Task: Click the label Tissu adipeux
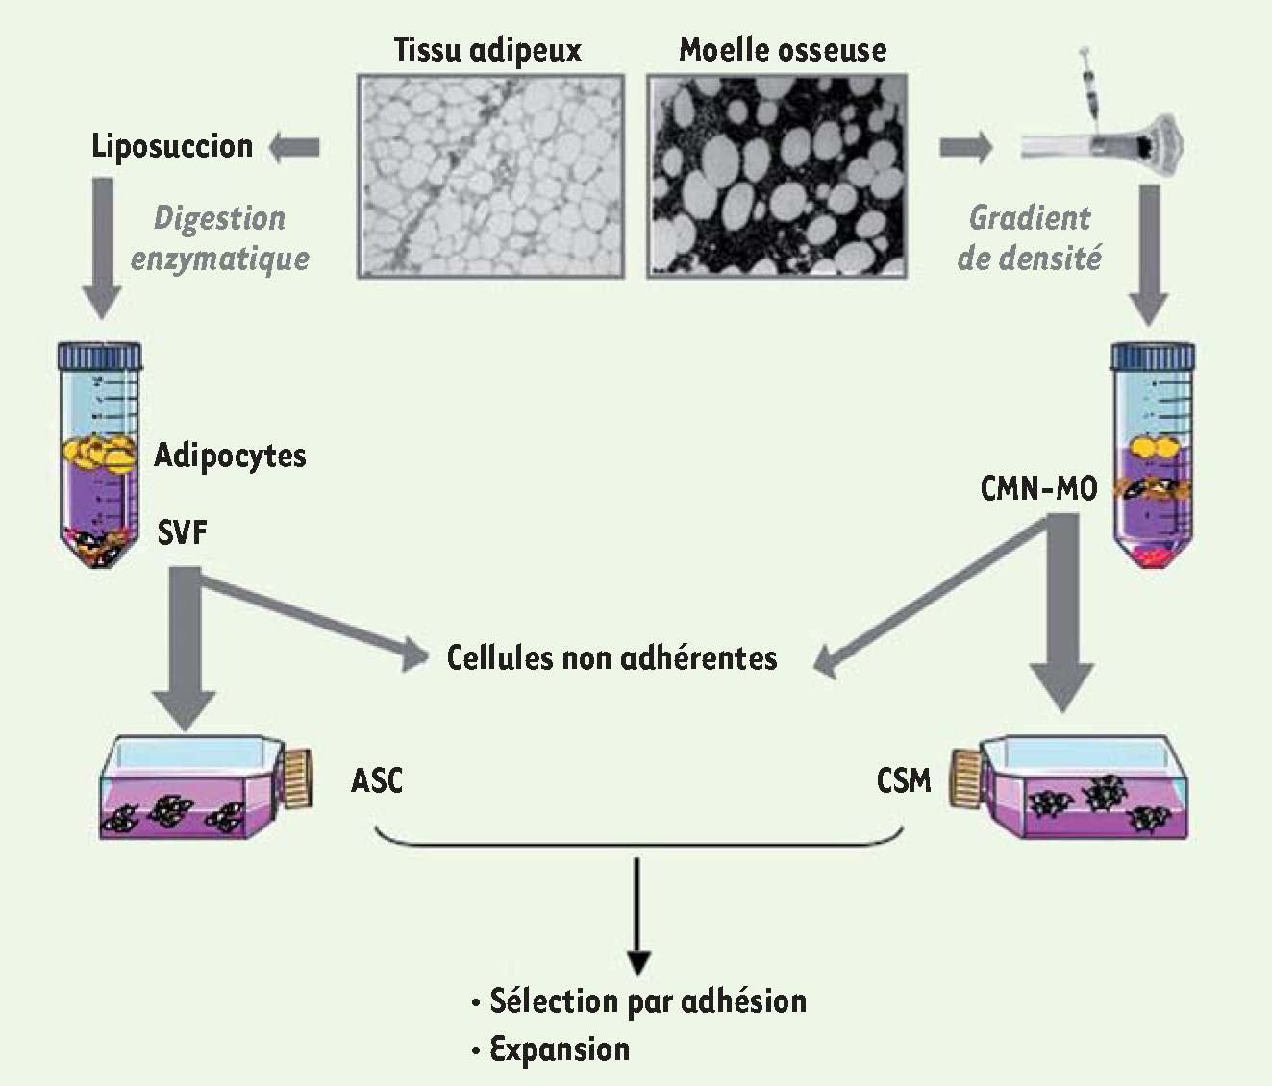[487, 50]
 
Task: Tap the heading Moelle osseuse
[783, 49]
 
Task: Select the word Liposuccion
[172, 147]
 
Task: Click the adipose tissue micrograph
[491, 177]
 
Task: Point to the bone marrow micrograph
[777, 177]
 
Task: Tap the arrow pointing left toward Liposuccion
[294, 148]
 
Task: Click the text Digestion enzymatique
[220, 238]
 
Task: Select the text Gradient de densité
[1030, 238]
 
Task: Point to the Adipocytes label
[230, 457]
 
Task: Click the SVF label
[182, 532]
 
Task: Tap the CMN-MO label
[1038, 489]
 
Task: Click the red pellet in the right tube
[1151, 557]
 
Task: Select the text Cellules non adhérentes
[611, 657]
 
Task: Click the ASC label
[377, 780]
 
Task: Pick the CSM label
[904, 780]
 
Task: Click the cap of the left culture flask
[297, 777]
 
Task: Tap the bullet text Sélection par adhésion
[638, 1001]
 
